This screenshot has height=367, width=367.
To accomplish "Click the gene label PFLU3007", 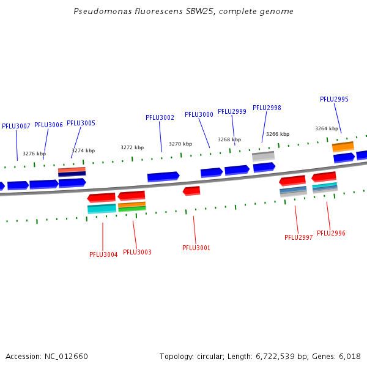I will [16, 126].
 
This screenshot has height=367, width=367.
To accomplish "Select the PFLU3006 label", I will [48, 125].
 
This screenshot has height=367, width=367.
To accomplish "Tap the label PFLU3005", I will [81, 123].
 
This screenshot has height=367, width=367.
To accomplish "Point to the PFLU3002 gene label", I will [160, 117].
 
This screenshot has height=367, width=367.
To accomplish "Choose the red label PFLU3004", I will [103, 254].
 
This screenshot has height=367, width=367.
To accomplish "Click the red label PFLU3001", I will [196, 248].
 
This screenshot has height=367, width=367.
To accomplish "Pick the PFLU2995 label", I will [334, 99].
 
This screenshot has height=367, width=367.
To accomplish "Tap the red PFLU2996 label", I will [331, 233].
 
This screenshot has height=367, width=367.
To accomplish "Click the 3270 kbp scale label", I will [180, 144].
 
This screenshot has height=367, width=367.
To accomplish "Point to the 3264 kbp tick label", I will [326, 128].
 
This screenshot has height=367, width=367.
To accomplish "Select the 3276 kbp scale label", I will [34, 154].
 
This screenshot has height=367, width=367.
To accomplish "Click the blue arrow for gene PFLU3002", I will [163, 177].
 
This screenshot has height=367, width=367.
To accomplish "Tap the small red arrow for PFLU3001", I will [191, 191].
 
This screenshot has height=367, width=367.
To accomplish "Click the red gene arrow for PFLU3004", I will [102, 198].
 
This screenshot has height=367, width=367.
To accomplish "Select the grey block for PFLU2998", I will [263, 156].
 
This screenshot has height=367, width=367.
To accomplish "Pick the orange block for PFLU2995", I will [343, 147].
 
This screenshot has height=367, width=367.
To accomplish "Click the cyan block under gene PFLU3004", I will [102, 209].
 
